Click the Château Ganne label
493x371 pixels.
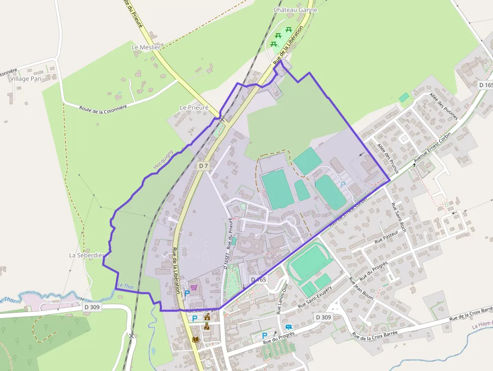click(295, 10)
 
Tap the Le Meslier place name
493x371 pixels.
click(145, 47)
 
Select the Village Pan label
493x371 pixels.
click(26, 79)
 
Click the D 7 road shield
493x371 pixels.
click(203, 166)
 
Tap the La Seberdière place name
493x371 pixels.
click(89, 255)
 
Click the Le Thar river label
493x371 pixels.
click(126, 286)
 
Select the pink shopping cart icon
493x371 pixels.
click(194, 287)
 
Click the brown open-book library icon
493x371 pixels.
click(195, 339)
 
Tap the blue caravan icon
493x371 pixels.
click(288, 327)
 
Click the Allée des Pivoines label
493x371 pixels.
click(443, 106)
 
